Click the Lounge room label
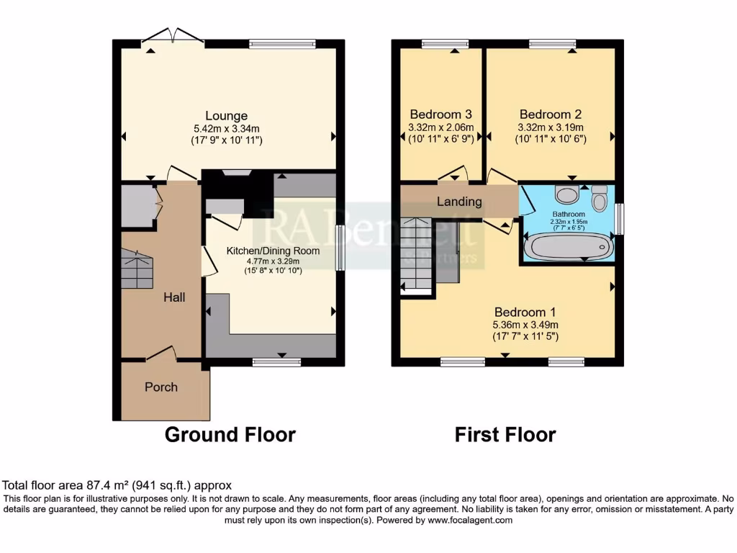[226, 115]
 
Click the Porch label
[161, 387]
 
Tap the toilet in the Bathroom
[598, 197]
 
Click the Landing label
[458, 202]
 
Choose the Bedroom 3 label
[440, 114]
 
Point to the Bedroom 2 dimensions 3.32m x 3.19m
[550, 127]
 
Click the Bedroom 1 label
[525, 313]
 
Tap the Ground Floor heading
[230, 435]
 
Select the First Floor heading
[505, 435]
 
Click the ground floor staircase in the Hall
[137, 268]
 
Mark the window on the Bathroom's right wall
[620, 218]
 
